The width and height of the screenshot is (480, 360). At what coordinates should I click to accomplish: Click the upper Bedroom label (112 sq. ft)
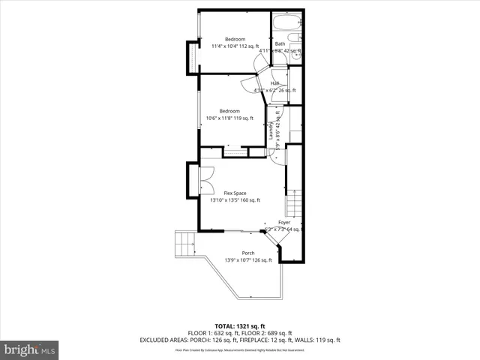(235, 39)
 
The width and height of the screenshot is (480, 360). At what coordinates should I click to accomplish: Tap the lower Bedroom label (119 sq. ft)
(229, 111)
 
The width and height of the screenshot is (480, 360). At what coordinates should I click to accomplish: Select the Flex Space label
(235, 193)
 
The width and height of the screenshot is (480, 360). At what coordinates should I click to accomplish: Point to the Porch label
(247, 253)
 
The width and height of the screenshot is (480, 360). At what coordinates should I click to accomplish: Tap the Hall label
(274, 83)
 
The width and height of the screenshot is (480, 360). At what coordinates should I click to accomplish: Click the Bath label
(280, 44)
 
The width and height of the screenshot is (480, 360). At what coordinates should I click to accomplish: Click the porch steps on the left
(184, 244)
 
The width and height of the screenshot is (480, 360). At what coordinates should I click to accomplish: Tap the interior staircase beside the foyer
(295, 202)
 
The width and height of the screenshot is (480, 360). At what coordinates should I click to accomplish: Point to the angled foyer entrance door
(276, 237)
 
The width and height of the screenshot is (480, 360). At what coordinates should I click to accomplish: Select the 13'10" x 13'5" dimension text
(235, 200)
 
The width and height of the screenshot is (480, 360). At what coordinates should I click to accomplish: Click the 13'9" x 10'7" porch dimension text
(247, 260)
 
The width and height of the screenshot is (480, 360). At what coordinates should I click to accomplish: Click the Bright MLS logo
(30, 349)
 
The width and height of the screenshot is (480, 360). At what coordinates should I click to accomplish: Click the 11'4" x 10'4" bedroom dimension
(235, 46)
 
